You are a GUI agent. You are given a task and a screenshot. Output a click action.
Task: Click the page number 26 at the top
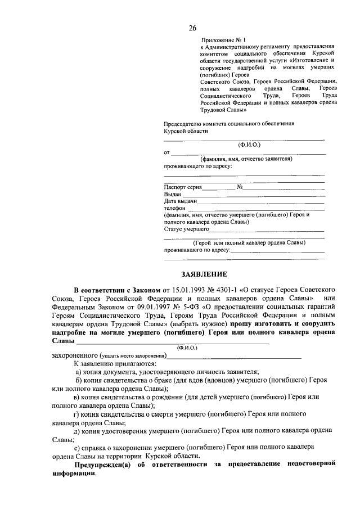point(192,28)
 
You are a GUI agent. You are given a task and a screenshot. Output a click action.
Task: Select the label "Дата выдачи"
point(180,201)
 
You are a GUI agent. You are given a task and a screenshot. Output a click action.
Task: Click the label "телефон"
point(174,208)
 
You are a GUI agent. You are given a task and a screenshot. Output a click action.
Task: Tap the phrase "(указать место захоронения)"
point(133,356)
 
